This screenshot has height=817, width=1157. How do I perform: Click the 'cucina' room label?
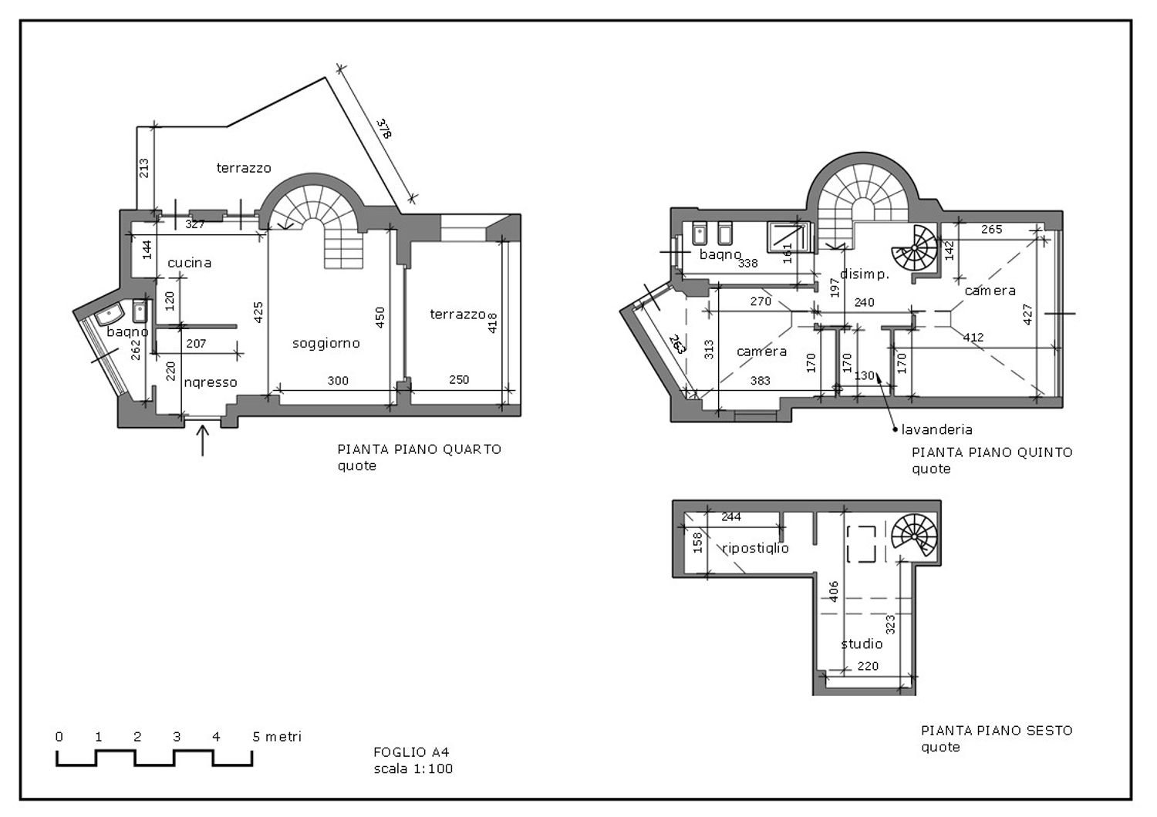pyautogui.click(x=190, y=263)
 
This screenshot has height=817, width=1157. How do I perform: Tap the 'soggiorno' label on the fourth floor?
pyautogui.click(x=326, y=343)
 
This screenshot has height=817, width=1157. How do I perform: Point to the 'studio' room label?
pyautogui.click(x=862, y=644)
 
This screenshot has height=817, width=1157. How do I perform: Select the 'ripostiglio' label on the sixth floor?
pyautogui.click(x=756, y=548)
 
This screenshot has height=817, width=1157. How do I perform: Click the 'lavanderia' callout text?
pyautogui.click(x=936, y=429)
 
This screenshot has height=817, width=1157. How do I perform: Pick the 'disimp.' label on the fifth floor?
pyautogui.click(x=865, y=274)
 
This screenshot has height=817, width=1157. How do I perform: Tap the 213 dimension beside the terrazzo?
pyautogui.click(x=144, y=168)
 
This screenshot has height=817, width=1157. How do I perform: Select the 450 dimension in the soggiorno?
pyautogui.click(x=379, y=318)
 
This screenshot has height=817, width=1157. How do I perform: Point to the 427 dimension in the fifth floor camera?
pyautogui.click(x=1027, y=314)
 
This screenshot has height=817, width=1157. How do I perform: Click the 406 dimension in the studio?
pyautogui.click(x=834, y=591)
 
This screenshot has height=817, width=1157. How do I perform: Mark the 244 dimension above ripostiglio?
pyautogui.click(x=731, y=516)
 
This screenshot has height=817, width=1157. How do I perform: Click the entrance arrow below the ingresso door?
pyautogui.click(x=202, y=440)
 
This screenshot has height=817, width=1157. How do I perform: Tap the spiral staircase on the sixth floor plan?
pyautogui.click(x=914, y=536)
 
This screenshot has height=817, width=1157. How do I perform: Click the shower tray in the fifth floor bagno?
pyautogui.click(x=788, y=237)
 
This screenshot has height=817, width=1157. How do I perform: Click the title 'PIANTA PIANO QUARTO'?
pyautogui.click(x=420, y=449)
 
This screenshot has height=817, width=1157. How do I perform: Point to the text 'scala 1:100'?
pyautogui.click(x=413, y=768)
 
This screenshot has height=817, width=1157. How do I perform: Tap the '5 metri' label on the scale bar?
pyautogui.click(x=277, y=737)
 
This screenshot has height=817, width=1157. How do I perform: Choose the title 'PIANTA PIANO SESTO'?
pyautogui.click(x=997, y=731)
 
